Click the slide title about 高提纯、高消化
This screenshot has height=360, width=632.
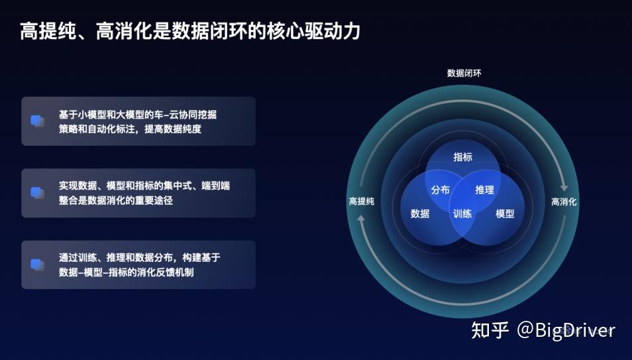coord(190,31)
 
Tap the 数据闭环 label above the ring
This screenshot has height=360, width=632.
coord(464,73)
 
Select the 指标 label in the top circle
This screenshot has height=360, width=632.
coord(462,157)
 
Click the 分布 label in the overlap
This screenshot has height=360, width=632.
coord(440,190)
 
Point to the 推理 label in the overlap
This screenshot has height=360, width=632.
coord(484,190)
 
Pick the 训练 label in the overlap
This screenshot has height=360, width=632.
coord(462,213)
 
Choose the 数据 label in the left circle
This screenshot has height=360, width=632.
coord(420,213)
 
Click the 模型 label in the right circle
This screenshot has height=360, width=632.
coord(505,213)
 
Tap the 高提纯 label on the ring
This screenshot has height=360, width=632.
coord(362,201)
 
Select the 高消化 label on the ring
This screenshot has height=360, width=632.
coord(564,202)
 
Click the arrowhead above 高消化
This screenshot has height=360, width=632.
coord(564,188)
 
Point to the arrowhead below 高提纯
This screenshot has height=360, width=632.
coord(361,218)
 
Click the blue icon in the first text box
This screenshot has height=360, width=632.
coord(38,121)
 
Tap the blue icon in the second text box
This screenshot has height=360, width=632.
coord(38,193)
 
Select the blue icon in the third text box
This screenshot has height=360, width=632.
coord(38,265)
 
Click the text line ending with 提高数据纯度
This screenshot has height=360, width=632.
coord(131,129)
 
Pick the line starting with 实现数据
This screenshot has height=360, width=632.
coord(144,186)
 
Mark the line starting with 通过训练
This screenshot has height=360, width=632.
coord(140,257)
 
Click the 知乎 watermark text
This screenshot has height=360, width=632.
coord(490,330)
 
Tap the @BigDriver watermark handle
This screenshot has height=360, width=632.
coord(566,331)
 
